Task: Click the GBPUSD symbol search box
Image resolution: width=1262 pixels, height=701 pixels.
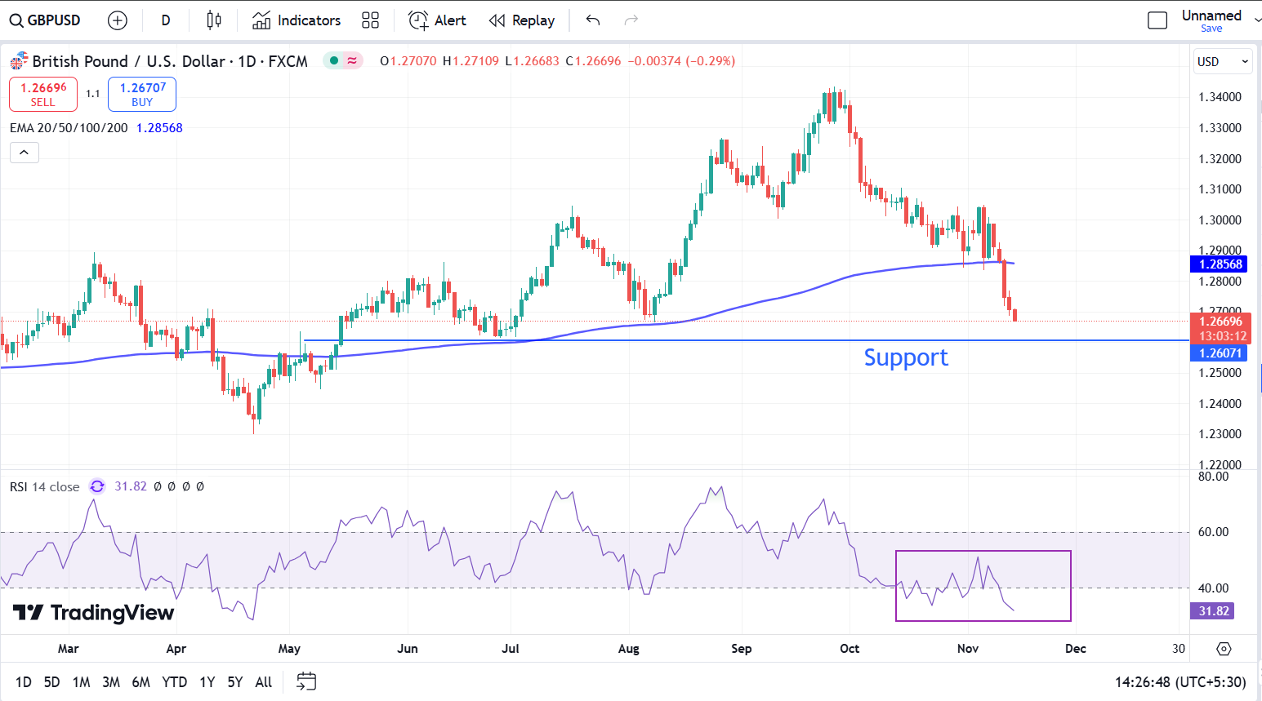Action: (46, 20)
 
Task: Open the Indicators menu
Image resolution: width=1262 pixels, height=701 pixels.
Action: (297, 20)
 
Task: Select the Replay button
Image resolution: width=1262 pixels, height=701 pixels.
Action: (522, 20)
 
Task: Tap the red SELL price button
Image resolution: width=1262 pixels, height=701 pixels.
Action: (43, 94)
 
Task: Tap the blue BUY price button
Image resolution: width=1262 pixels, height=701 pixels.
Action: (142, 94)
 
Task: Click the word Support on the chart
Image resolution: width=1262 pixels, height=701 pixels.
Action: (906, 357)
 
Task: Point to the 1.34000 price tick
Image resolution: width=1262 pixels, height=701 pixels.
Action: (1220, 97)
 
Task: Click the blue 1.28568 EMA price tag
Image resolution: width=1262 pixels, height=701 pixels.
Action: (1219, 264)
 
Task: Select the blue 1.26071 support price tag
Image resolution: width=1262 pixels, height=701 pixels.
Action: (1219, 353)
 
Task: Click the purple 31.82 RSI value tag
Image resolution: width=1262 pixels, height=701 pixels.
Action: (1214, 611)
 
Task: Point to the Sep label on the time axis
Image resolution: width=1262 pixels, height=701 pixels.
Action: (741, 649)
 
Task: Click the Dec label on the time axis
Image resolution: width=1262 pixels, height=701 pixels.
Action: (1076, 649)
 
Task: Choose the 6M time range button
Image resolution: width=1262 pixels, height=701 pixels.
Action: (140, 682)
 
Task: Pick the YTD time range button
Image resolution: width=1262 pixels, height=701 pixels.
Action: (174, 682)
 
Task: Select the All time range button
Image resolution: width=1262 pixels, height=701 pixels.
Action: (263, 682)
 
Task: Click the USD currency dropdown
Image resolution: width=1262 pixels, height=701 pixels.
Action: (1222, 61)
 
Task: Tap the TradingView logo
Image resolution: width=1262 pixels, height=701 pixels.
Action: (94, 613)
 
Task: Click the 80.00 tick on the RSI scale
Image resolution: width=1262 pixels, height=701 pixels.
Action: (1213, 477)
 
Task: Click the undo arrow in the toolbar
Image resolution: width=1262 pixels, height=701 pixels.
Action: (593, 20)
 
